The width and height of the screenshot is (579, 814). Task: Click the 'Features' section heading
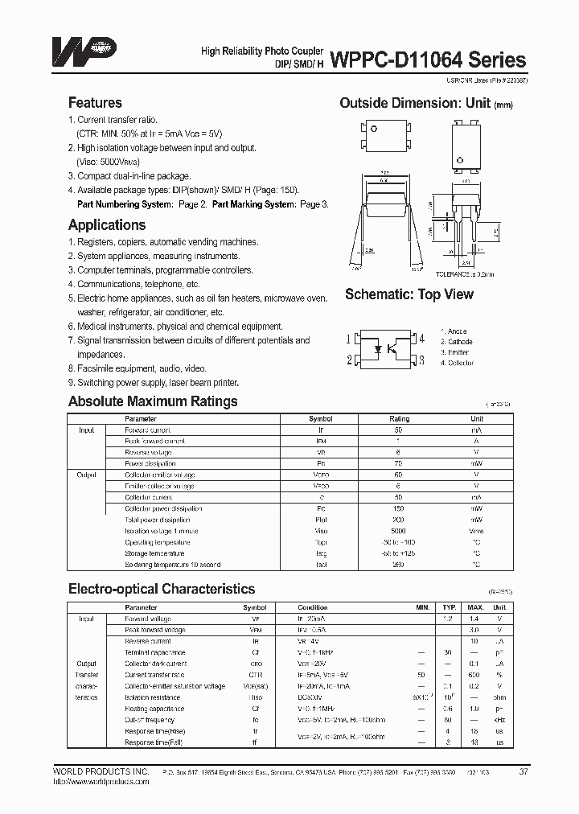[95, 103]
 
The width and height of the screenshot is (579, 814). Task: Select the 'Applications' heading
[107, 225]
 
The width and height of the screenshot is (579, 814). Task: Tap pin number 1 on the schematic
[348, 339]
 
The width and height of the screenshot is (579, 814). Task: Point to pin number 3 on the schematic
[421, 360]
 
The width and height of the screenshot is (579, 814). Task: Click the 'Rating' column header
[400, 419]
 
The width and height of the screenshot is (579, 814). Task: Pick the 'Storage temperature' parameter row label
[155, 553]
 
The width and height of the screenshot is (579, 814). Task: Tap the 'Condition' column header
[313, 607]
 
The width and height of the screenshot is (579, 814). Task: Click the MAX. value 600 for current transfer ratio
[475, 675]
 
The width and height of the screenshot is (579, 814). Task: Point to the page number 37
[524, 771]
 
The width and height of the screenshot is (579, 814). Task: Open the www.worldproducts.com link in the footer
[88, 781]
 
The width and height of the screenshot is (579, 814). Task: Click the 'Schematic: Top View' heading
[409, 294]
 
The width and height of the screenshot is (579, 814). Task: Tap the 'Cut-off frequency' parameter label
[150, 720]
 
